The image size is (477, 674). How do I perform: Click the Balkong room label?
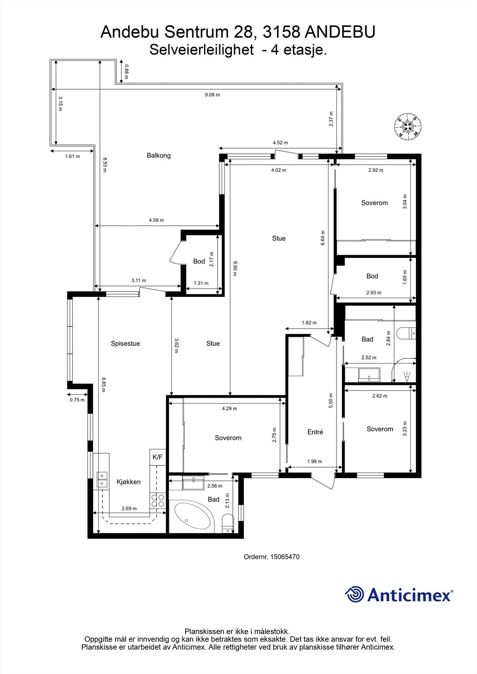(159, 155)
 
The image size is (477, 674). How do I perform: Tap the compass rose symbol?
(408, 126)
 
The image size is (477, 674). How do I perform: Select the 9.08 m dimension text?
(212, 95)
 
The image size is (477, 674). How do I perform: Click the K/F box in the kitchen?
(157, 457)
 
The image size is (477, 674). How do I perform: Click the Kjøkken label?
(129, 482)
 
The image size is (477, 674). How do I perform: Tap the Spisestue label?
(125, 343)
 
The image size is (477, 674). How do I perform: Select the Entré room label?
(315, 432)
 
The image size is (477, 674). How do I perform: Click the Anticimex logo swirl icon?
(354, 595)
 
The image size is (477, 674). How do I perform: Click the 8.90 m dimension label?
(235, 268)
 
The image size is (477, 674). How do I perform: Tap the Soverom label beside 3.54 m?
(375, 203)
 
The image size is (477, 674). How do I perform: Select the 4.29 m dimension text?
(229, 409)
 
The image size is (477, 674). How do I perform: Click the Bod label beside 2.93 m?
(372, 276)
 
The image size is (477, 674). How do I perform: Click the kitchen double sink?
(102, 479)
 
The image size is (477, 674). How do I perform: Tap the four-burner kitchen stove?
(158, 500)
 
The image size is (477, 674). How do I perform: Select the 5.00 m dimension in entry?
(331, 400)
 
